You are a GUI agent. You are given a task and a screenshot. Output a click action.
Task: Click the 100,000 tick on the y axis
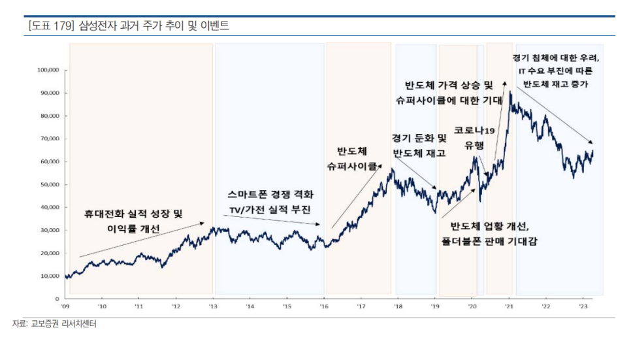pyautogui.click(x=49, y=70)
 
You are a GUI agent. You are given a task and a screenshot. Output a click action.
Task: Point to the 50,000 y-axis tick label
pyautogui.click(x=50, y=184)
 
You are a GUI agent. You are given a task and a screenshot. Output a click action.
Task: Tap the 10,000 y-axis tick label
pyautogui.click(x=50, y=276)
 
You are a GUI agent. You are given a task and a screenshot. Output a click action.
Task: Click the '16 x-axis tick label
pyautogui.click(x=323, y=305)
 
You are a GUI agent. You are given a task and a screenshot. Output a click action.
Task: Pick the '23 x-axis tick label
pyautogui.click(x=583, y=305)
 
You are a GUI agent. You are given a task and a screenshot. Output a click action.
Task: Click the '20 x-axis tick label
pyautogui.click(x=472, y=305)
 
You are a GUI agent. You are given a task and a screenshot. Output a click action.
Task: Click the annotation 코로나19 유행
pyautogui.click(x=475, y=138)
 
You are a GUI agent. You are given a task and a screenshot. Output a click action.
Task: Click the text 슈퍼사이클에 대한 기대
pyautogui.click(x=448, y=101)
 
